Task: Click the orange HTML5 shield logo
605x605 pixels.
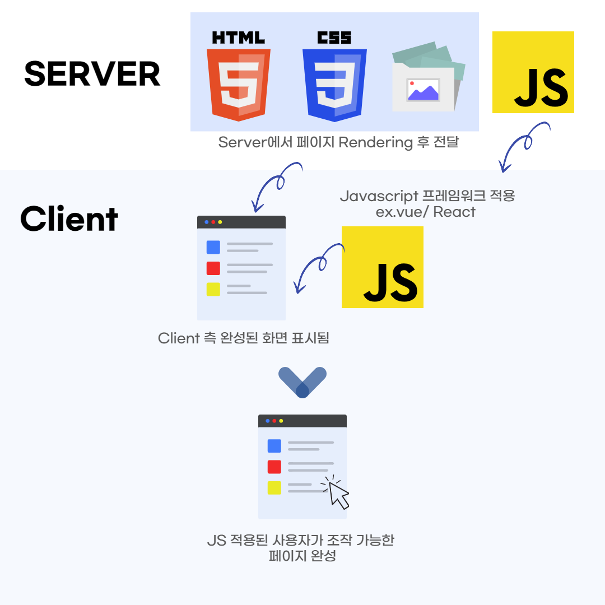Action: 239,84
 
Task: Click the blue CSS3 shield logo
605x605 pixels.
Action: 334,84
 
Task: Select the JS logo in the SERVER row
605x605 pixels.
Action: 533,72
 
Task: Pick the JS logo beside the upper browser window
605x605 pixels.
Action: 383,267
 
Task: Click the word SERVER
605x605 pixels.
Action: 92,74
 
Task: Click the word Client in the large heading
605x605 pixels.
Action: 69,219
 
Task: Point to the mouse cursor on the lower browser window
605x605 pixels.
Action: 337,493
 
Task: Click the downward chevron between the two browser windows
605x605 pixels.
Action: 302,381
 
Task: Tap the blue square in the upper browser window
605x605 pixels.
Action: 213,247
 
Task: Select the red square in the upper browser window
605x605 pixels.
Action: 213,268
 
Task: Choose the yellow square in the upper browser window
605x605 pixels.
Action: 213,289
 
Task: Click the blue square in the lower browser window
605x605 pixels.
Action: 274,446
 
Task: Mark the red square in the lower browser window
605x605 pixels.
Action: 274,467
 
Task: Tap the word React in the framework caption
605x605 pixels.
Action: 454,212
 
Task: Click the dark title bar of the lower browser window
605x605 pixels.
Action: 302,421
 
